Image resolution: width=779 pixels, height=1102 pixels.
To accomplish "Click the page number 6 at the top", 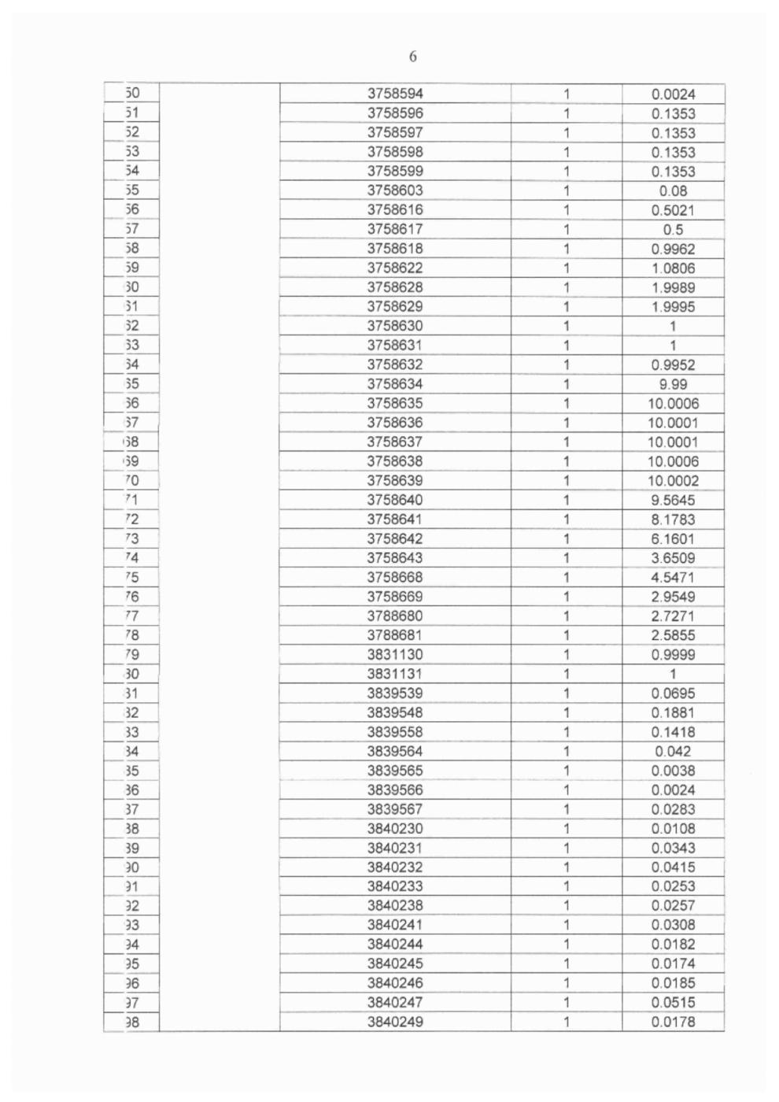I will tap(412, 57).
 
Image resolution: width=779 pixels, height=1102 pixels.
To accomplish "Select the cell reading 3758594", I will tap(395, 94).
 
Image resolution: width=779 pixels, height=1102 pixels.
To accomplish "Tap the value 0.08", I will tap(673, 190).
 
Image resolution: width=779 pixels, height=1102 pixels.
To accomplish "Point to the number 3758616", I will tap(395, 209).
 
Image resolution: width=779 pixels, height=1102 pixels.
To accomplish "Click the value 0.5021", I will tap(673, 210).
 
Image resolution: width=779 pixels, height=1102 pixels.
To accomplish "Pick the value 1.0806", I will tap(673, 268).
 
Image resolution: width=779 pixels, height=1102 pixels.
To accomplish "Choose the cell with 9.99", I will tap(673, 384).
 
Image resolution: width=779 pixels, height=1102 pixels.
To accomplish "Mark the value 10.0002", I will tap(673, 481).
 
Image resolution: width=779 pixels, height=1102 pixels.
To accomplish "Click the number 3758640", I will tap(395, 500).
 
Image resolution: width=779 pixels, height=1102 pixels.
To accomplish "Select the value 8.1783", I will tap(673, 520).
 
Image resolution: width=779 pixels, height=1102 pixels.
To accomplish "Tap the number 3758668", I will tap(395, 577).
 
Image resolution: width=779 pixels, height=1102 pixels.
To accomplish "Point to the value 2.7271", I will tap(673, 616).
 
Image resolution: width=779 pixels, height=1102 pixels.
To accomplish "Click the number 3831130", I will tap(395, 655).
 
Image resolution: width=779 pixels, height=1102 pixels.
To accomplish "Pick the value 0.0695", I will tap(673, 693).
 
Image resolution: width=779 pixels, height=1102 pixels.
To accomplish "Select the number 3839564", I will tap(395, 751).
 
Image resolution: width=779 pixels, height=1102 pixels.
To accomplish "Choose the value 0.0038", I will tap(673, 771).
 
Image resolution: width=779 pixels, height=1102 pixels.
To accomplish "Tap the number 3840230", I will tap(395, 828).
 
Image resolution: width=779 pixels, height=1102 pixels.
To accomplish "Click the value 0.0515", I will tap(673, 1003).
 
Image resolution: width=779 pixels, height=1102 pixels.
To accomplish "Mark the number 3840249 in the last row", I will tap(395, 1022).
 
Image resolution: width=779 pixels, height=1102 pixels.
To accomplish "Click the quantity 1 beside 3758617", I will tap(566, 230).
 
